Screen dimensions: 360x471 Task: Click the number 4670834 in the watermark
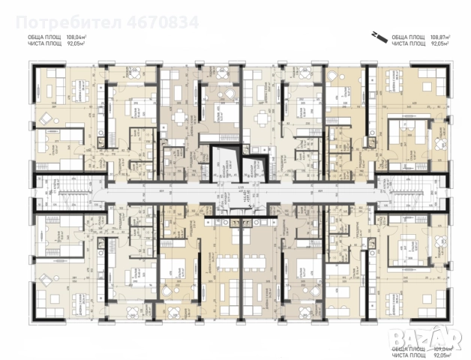tap(166, 22)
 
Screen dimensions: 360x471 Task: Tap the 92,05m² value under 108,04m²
tap(76, 43)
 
